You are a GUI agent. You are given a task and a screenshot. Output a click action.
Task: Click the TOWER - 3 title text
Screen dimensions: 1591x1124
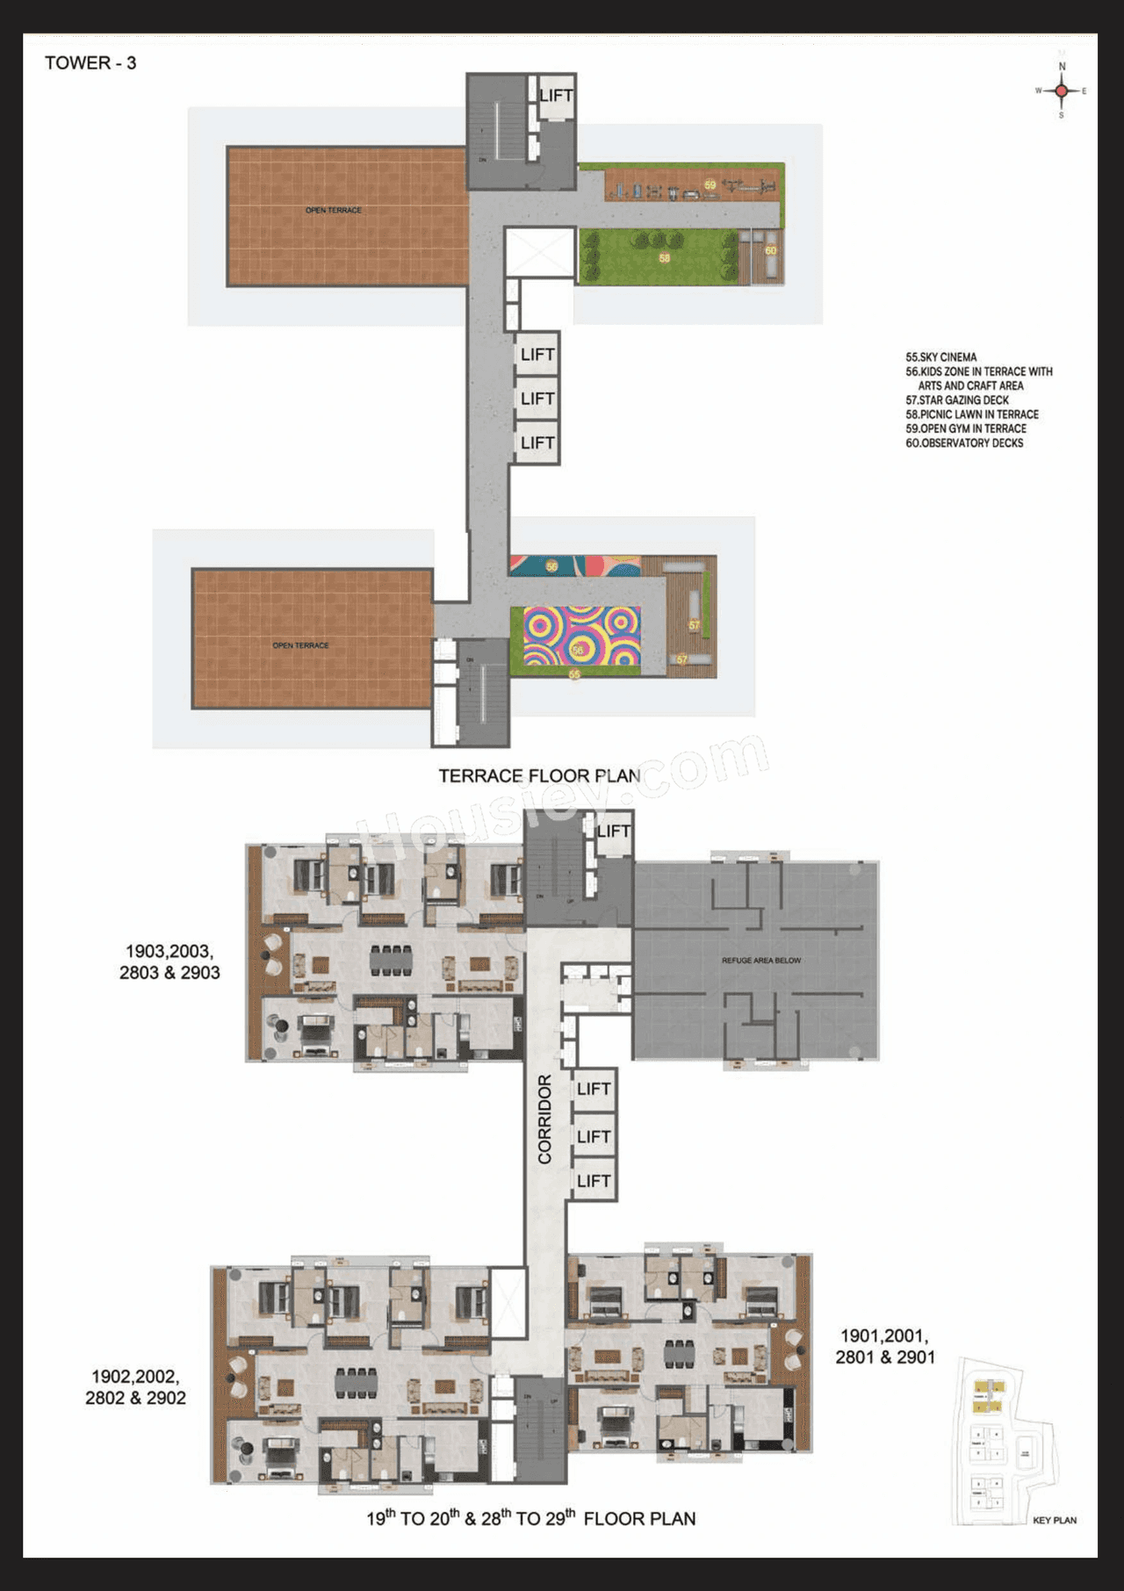pos(90,63)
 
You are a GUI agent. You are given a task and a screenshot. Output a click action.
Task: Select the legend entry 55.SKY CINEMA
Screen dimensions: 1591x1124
pos(941,357)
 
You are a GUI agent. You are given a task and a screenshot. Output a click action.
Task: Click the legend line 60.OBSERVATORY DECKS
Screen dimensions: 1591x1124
pos(964,443)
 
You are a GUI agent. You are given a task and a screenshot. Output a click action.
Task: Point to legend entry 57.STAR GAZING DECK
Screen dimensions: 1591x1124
pos(957,400)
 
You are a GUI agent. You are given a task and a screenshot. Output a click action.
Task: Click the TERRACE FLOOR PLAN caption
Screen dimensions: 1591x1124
pos(539,776)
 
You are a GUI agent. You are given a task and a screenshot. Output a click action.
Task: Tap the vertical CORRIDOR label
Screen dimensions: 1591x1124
pos(544,1119)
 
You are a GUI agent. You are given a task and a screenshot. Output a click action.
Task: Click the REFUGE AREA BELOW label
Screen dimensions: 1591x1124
pos(760,961)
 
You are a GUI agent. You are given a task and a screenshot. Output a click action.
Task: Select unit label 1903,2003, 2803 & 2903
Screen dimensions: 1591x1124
pos(169,962)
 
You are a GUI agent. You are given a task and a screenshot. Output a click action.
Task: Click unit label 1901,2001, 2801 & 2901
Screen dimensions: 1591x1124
pos(885,1346)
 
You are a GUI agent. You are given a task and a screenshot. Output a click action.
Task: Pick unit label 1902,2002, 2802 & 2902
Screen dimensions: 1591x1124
pos(135,1387)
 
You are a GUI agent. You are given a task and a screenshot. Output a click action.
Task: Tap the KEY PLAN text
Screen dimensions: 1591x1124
pos(1054,1520)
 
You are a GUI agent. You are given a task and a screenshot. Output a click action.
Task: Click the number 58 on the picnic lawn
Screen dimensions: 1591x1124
pos(665,259)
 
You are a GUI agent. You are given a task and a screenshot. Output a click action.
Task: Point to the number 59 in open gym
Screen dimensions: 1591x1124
pos(710,185)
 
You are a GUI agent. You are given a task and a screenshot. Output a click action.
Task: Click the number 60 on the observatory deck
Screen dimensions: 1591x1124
pos(770,251)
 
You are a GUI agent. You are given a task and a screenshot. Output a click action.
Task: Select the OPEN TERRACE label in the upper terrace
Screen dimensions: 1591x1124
pos(334,211)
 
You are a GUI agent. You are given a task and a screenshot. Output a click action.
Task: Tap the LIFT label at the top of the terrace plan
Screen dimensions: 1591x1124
pos(556,95)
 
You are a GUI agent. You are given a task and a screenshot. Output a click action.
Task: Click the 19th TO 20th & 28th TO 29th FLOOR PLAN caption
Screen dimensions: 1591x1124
pos(530,1518)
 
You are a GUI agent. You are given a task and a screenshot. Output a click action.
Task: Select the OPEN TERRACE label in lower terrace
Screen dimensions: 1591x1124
pos(300,645)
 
